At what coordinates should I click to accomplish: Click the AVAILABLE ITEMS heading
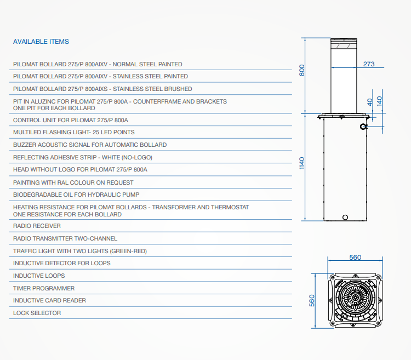41,42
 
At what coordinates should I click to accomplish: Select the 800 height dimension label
302,70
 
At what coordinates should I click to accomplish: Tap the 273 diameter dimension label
369,64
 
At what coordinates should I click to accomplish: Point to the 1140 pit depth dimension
302,163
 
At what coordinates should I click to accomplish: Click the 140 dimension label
379,101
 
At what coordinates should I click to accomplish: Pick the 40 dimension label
369,102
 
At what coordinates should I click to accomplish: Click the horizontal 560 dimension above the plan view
355,258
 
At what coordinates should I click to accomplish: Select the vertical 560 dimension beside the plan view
311,300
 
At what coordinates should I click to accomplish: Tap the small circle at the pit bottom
345,217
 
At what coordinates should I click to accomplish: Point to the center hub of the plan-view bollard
356,298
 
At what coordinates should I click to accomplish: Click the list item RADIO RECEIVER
37,226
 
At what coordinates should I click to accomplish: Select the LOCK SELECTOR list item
37,313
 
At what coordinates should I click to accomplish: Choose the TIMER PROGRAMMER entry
44,288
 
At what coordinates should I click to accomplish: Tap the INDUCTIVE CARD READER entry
49,300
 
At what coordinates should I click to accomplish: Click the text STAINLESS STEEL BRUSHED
152,89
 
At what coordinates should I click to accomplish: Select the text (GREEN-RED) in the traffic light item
128,251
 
